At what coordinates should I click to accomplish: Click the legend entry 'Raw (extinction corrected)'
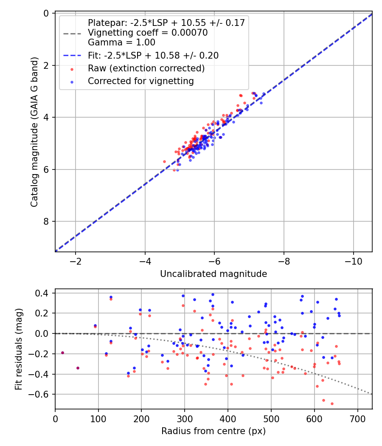tap(146, 68)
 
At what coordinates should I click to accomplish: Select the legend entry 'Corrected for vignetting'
tap(140, 81)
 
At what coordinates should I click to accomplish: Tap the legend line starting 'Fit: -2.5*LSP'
tap(153, 55)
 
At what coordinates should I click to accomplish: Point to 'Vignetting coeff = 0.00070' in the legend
tap(148, 33)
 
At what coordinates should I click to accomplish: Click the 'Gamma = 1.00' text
tap(121, 42)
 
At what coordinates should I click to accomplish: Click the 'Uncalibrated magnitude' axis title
tap(213, 274)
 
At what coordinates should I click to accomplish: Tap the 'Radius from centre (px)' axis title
tap(213, 431)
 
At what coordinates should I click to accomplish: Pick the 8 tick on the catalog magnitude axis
tap(46, 222)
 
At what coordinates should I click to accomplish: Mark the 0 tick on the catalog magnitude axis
tap(46, 13)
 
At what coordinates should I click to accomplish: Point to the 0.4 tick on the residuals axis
tap(43, 293)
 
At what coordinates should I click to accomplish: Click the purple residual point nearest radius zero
tap(62, 353)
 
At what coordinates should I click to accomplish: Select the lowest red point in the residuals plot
tap(332, 404)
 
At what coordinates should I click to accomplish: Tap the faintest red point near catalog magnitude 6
tap(174, 170)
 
